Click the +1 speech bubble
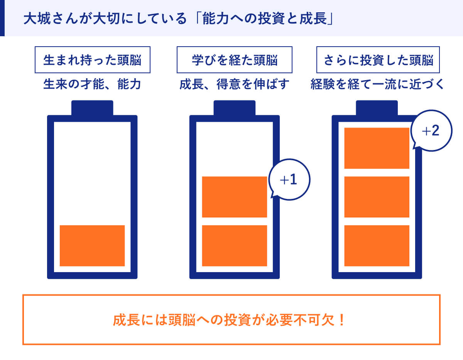point(289,180)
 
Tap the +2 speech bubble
point(431,131)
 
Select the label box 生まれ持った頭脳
point(93,60)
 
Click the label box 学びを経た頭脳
point(234,60)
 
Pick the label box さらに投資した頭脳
point(378,60)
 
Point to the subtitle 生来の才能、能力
point(92,84)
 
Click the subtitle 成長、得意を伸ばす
point(234,84)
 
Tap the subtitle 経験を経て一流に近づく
point(377,84)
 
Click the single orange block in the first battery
point(92,246)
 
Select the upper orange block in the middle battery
point(234,197)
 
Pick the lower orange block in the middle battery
point(234,246)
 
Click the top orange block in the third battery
point(377,148)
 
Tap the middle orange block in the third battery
point(377,197)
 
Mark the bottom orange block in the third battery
point(377,246)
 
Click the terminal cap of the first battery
point(92,108)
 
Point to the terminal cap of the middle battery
point(234,108)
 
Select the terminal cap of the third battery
point(377,108)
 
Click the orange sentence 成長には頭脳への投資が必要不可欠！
point(229,320)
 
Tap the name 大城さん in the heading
point(51,19)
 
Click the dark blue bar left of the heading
point(2,18)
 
